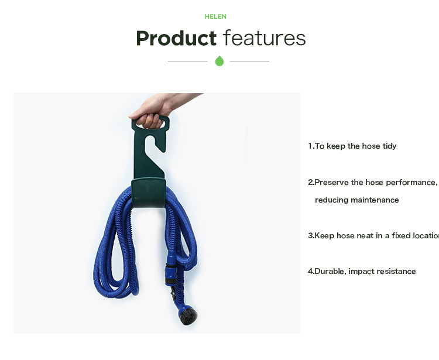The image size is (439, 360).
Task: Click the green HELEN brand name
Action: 215,16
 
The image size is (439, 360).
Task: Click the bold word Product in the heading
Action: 176,38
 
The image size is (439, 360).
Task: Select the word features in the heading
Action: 265,38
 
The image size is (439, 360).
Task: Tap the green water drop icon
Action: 220,61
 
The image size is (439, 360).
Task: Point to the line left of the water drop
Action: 187,61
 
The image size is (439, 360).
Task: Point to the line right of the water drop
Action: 249,61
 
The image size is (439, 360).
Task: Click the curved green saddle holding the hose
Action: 149,193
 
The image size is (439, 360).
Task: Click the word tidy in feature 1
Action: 389,146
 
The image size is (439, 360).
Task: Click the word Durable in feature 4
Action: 330,271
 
